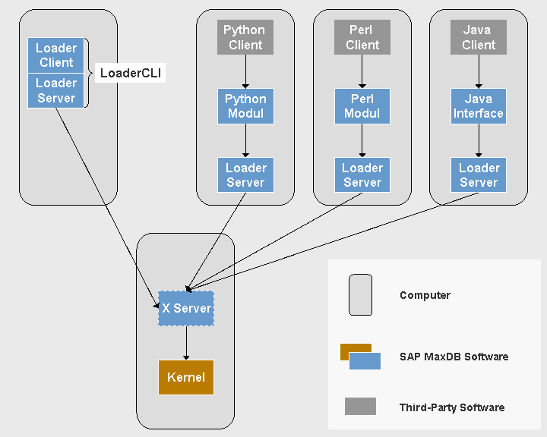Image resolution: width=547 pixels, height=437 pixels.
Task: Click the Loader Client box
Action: pyautogui.click(x=55, y=55)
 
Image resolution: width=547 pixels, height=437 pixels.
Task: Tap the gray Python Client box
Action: pyautogui.click(x=245, y=37)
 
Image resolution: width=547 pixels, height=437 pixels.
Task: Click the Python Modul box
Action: pyautogui.click(x=245, y=106)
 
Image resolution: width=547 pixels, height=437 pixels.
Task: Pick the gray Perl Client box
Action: pyautogui.click(x=362, y=37)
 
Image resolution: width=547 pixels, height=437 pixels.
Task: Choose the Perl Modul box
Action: pyautogui.click(x=362, y=106)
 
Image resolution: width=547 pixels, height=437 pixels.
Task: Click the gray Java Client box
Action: pyautogui.click(x=478, y=37)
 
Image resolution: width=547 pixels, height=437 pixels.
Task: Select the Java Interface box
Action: pyautogui.click(x=478, y=106)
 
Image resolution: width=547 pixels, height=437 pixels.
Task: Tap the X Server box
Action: pyautogui.click(x=186, y=308)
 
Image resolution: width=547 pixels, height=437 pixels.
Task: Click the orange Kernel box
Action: pyautogui.click(x=186, y=377)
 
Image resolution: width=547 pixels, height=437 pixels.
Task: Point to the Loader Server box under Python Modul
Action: pyautogui.click(x=245, y=175)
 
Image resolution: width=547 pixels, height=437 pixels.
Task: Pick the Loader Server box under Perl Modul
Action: pyautogui.click(x=362, y=175)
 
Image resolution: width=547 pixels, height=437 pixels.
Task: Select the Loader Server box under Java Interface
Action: pyautogui.click(x=478, y=175)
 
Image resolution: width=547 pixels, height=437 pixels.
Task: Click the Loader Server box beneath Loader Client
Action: pyautogui.click(x=55, y=91)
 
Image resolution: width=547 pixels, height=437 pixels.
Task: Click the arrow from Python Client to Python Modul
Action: pyautogui.click(x=245, y=72)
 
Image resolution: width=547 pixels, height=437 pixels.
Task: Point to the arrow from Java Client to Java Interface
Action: pyautogui.click(x=479, y=72)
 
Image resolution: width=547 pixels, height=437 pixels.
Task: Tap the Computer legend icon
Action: pyautogui.click(x=360, y=294)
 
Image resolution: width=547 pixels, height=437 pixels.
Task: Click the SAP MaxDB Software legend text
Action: pyautogui.click(x=454, y=357)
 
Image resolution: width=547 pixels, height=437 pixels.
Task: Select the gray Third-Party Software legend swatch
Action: pyautogui.click(x=360, y=407)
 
